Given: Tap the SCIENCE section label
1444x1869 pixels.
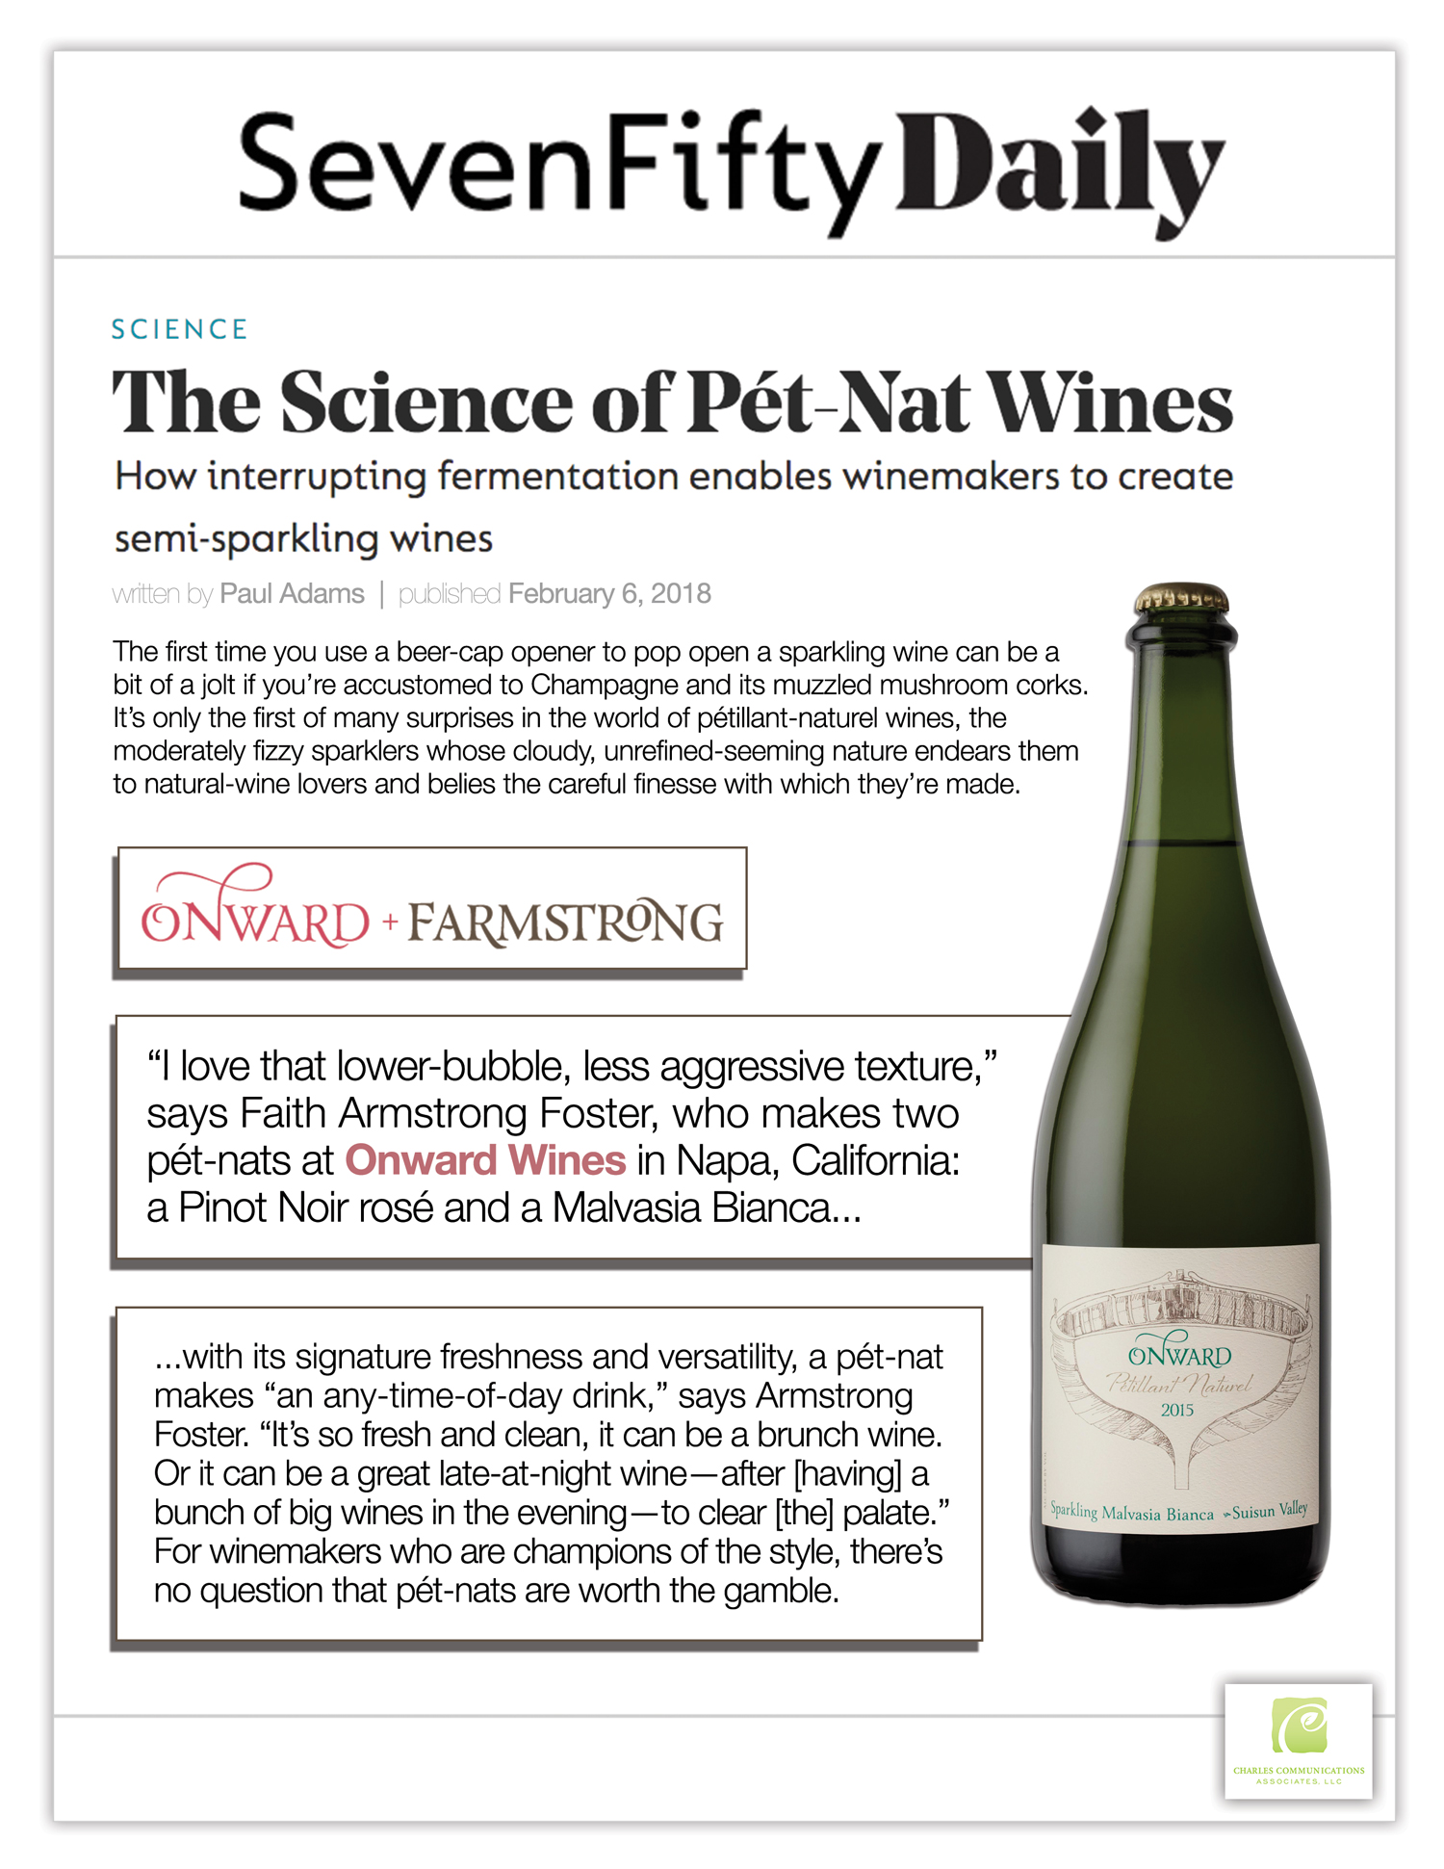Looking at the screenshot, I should (180, 329).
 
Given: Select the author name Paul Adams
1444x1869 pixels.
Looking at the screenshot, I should (292, 594).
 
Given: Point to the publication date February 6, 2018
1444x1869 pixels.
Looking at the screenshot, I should (609, 594).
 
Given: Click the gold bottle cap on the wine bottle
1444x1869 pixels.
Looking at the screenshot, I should (1181, 598).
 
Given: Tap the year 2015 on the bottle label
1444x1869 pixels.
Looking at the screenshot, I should (1176, 1410).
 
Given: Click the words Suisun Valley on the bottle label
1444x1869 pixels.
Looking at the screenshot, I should (1270, 1510).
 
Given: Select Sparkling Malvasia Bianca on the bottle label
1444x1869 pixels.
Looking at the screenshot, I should (1131, 1513).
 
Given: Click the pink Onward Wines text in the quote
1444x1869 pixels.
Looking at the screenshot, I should (485, 1160).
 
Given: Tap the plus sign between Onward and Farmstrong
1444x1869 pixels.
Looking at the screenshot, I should (390, 922).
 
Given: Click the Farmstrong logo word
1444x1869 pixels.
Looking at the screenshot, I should (565, 922).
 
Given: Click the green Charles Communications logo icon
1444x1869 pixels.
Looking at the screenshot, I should (1299, 1726).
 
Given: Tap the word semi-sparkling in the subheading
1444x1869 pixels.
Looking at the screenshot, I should (245, 539).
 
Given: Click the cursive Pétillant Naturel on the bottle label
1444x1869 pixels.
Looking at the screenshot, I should (1178, 1385).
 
